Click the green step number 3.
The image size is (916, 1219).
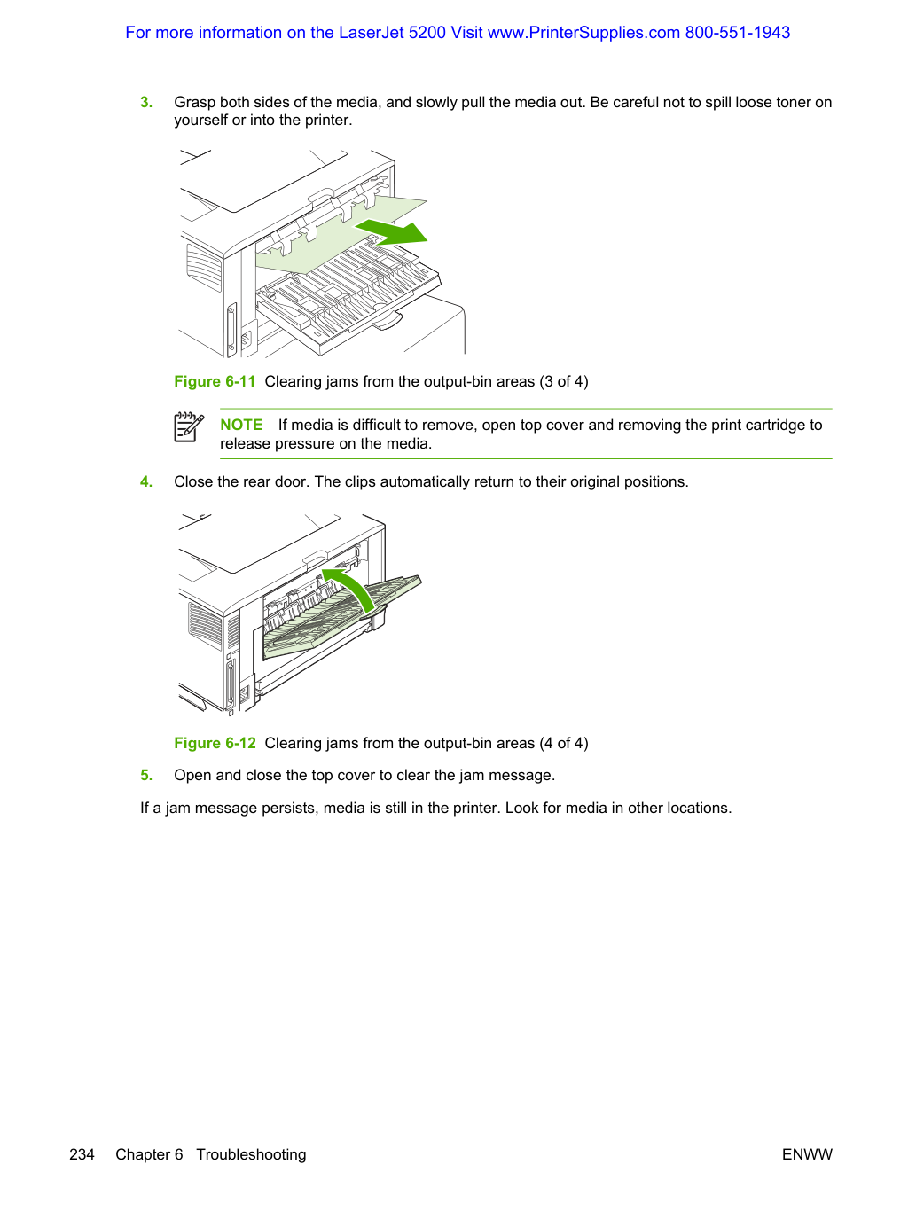(146, 103)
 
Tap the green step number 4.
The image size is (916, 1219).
(146, 482)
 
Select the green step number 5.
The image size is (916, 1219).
(146, 775)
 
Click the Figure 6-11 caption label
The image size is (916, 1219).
(215, 381)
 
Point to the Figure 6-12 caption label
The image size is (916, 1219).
(215, 743)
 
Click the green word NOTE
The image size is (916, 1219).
(242, 425)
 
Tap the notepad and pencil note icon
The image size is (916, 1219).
(189, 427)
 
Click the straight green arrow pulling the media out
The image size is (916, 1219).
(392, 231)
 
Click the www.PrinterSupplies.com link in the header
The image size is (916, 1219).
(583, 33)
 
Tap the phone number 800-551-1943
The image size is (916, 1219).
(738, 33)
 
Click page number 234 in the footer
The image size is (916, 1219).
(82, 1154)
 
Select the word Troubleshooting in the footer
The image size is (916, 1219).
(251, 1155)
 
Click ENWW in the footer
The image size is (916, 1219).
(807, 1154)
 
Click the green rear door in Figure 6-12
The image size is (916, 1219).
(342, 617)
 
